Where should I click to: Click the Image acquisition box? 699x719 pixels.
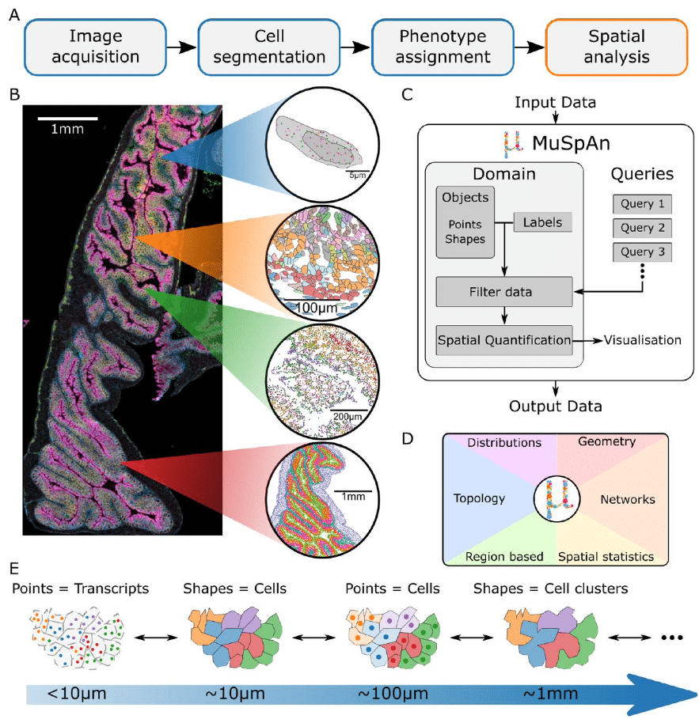point(96,47)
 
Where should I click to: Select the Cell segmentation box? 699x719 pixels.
point(269,47)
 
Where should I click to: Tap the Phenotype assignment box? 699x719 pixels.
point(443,47)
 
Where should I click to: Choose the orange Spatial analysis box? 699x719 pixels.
point(617,47)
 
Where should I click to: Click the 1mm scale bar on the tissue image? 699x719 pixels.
point(68,119)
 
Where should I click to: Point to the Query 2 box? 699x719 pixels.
point(642,229)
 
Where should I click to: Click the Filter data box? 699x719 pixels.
point(503,293)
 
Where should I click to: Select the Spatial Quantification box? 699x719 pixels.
point(503,339)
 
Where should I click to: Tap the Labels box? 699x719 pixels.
point(543,223)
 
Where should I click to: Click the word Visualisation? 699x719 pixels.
point(642,340)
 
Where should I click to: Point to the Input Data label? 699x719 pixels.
point(555,103)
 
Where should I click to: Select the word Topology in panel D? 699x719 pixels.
point(479,499)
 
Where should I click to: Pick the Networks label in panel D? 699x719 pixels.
point(628,499)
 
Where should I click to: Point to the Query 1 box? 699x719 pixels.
point(642,203)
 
